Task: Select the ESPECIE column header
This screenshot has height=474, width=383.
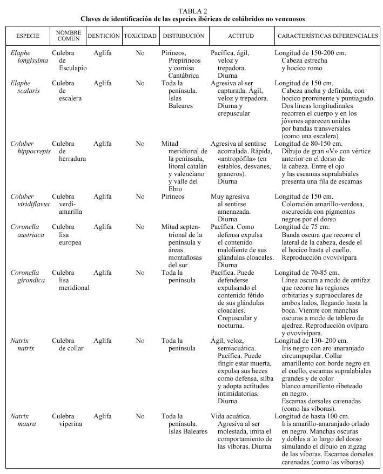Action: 28,36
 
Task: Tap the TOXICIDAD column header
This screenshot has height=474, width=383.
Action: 140,36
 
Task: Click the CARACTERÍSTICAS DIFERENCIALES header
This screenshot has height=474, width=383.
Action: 327,36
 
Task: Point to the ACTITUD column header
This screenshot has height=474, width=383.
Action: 240,36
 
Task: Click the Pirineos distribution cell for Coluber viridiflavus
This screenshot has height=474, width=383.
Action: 173,197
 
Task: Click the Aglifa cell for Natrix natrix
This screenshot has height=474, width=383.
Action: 103,341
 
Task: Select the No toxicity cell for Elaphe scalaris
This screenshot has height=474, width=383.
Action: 140,84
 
